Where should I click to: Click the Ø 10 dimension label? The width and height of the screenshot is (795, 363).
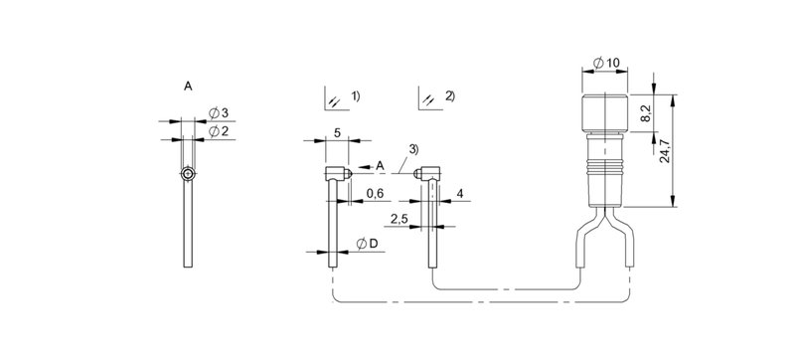pyautogui.click(x=606, y=63)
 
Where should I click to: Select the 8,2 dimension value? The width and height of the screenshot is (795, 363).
pyautogui.click(x=645, y=113)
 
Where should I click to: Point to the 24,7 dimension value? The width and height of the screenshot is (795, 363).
pyautogui.click(x=664, y=151)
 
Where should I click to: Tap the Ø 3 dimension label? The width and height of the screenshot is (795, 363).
pyautogui.click(x=219, y=112)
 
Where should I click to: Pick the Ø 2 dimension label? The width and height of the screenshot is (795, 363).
pyautogui.click(x=219, y=131)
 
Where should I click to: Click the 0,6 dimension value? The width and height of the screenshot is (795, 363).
pyautogui.click(x=376, y=194)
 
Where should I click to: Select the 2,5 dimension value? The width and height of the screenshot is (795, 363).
pyautogui.click(x=399, y=219)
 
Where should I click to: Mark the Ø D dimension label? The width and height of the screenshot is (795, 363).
pyautogui.click(x=368, y=245)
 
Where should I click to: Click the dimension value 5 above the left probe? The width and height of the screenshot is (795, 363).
pyautogui.click(x=337, y=132)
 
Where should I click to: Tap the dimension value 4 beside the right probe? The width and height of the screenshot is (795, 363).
pyautogui.click(x=460, y=194)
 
